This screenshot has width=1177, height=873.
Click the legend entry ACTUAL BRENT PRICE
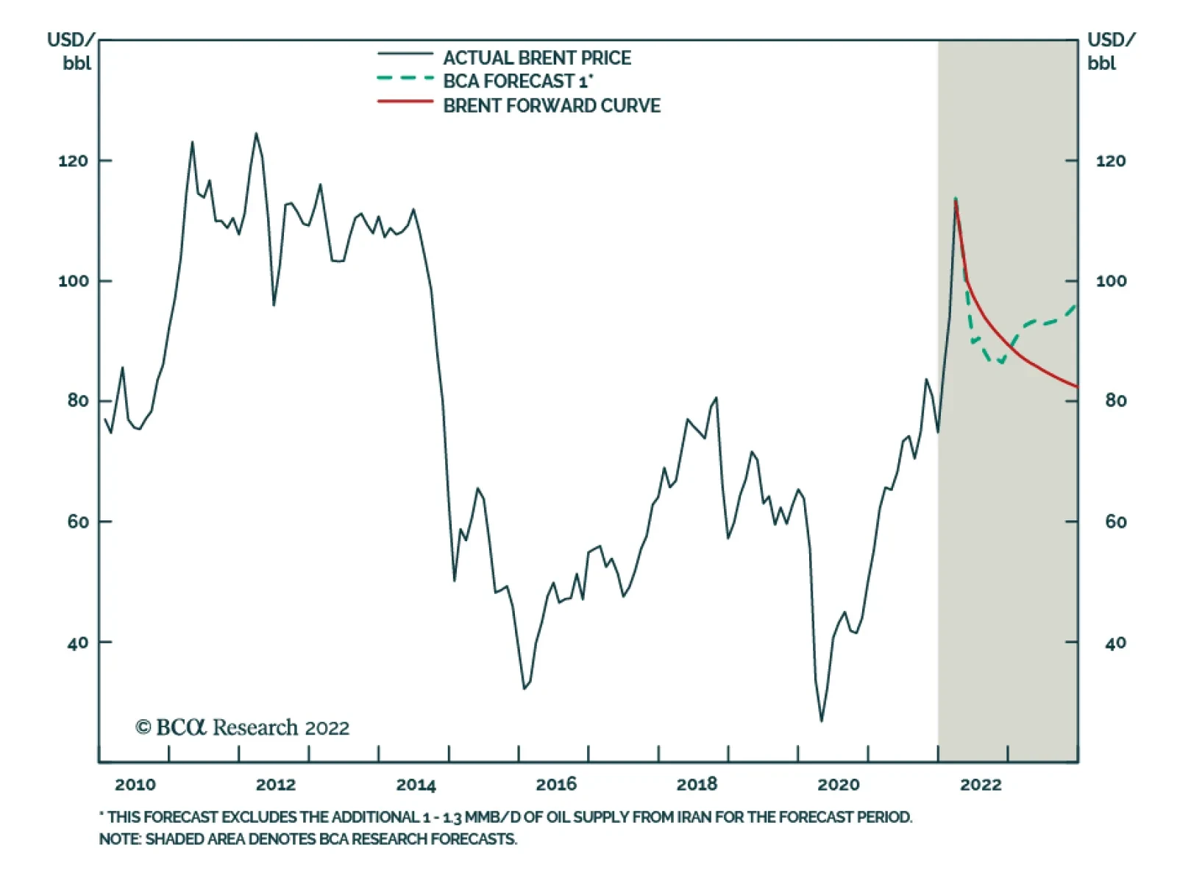coord(536,58)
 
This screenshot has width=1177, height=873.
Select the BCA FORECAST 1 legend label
coord(518,82)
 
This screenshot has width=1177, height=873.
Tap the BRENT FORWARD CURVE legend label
coord(551,106)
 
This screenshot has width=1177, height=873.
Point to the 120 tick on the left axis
coord(73,160)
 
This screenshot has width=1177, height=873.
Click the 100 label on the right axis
coord(1110,281)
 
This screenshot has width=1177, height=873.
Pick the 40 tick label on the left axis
coord(77,643)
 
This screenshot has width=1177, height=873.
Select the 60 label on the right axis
coord(1115,522)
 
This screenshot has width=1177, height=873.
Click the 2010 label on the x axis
coord(135,785)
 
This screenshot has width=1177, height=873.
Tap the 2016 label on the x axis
coord(556,785)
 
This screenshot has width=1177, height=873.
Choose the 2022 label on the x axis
coord(981,785)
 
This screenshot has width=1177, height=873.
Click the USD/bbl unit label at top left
coord(72,51)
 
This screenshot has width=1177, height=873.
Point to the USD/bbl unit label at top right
coord(1111,51)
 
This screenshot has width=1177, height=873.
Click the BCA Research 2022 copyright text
coord(242,728)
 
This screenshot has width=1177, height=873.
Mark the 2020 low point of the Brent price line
coord(822,721)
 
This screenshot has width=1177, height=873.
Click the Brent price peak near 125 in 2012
coord(256,134)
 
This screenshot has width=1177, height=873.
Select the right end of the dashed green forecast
coord(1076,305)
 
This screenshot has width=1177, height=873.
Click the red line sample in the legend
coord(405,102)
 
